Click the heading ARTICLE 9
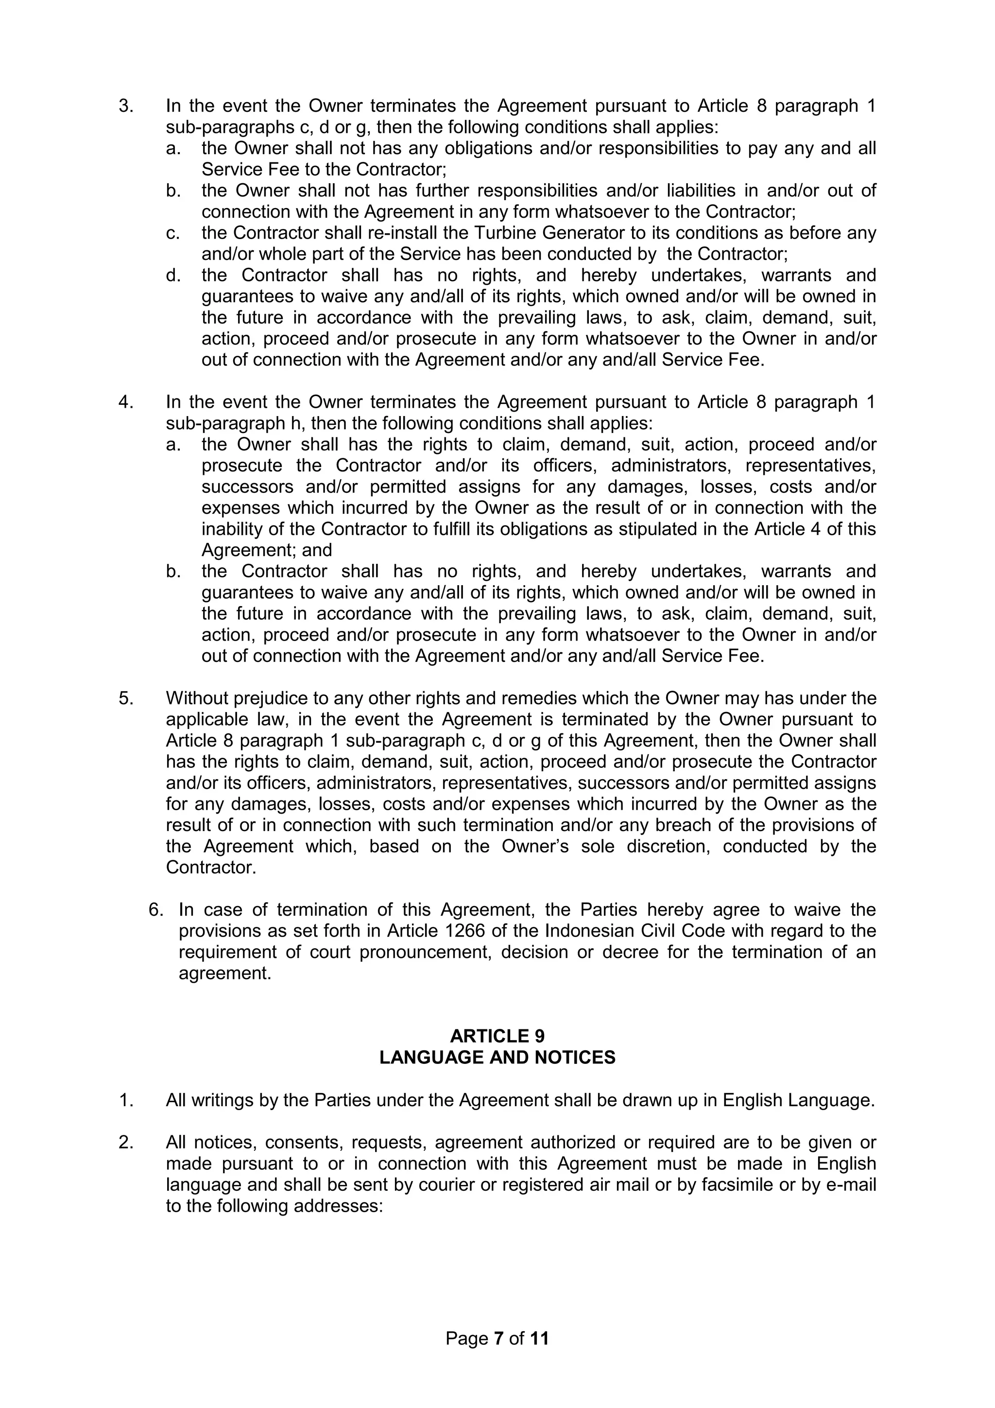(497, 1036)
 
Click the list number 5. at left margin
(126, 698)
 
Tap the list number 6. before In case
(156, 909)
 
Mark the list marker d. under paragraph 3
(173, 276)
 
